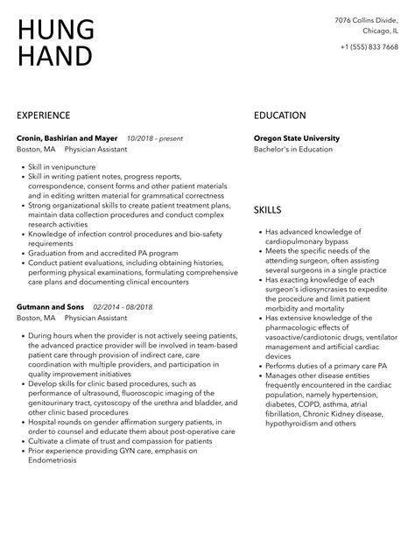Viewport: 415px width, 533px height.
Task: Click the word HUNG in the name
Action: point(55,29)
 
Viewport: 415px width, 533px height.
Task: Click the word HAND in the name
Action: point(54,56)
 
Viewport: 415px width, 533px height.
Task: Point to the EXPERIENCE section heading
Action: point(44,115)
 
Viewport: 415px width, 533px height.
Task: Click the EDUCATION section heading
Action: point(280,115)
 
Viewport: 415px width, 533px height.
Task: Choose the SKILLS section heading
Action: point(268,210)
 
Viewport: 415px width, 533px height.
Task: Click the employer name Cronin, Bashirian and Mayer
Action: point(67,138)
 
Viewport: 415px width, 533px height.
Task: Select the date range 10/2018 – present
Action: point(155,138)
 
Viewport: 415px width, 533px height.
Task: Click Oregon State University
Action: point(296,138)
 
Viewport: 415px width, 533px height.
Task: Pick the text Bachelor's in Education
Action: point(293,150)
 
